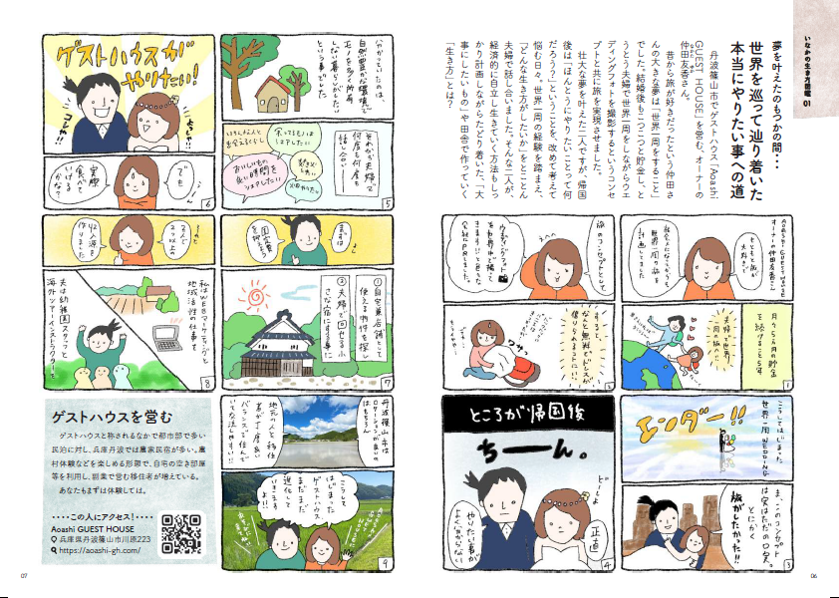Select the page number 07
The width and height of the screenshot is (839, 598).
coord(25,575)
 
